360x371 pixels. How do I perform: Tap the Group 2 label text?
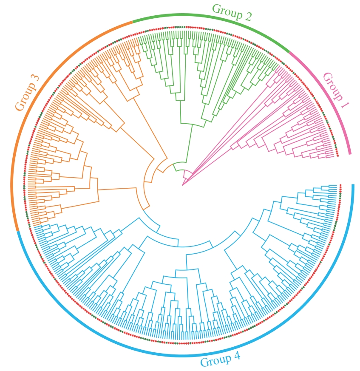click(232, 12)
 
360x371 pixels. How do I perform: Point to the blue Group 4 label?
click(220, 360)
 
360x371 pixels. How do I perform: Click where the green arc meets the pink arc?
click(289, 52)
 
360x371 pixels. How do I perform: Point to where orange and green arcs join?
click(133, 21)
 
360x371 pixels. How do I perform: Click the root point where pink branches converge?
click(183, 185)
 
